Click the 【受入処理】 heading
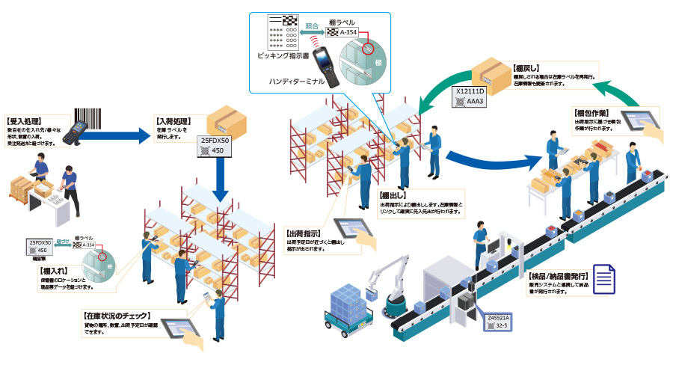[x=24, y=120]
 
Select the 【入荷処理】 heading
[x=173, y=119]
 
